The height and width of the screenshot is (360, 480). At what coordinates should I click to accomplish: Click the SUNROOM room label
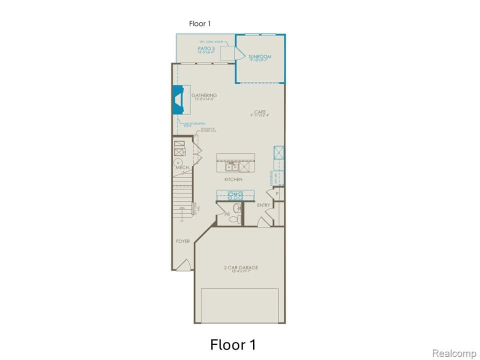[x=259, y=57]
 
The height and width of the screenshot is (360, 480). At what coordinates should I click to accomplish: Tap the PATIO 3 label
[x=206, y=48]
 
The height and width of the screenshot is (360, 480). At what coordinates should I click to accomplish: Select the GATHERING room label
[x=204, y=95]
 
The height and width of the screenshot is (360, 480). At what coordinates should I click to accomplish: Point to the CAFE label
[x=259, y=112]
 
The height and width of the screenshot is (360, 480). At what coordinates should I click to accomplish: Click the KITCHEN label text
[x=233, y=179]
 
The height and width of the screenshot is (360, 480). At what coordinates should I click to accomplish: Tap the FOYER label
[x=183, y=241]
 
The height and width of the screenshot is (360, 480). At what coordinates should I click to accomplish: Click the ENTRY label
[x=263, y=205]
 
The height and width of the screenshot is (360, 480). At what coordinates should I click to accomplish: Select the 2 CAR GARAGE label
[x=241, y=268]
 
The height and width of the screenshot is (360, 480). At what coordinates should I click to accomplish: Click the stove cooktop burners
[x=234, y=195]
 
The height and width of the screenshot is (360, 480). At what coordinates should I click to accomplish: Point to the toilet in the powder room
[x=236, y=218]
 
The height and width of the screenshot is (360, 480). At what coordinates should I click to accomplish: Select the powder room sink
[x=237, y=207]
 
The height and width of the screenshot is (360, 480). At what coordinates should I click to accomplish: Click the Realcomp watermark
[x=454, y=353]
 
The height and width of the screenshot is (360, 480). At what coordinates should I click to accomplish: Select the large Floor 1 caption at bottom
[x=233, y=344]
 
